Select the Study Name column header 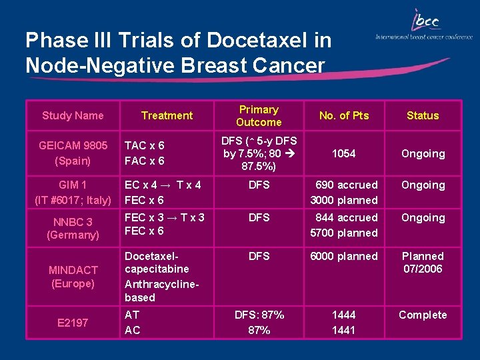click(x=73, y=115)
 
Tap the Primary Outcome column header click(x=259, y=115)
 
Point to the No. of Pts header click(x=344, y=115)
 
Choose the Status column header click(x=423, y=115)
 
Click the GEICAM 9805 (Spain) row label click(x=73, y=153)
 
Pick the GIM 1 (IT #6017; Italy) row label click(x=73, y=192)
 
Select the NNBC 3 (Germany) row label click(x=73, y=228)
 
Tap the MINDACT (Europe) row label click(x=73, y=277)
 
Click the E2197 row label click(x=73, y=323)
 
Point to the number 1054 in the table click(x=344, y=153)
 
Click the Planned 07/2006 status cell click(x=423, y=262)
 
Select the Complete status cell click(x=423, y=315)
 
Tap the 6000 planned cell click(x=344, y=256)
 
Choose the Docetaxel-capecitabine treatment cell click(x=157, y=262)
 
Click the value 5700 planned click(x=344, y=233)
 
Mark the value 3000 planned click(x=344, y=200)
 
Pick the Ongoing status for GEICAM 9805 click(x=423, y=153)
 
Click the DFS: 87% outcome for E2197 click(x=259, y=315)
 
